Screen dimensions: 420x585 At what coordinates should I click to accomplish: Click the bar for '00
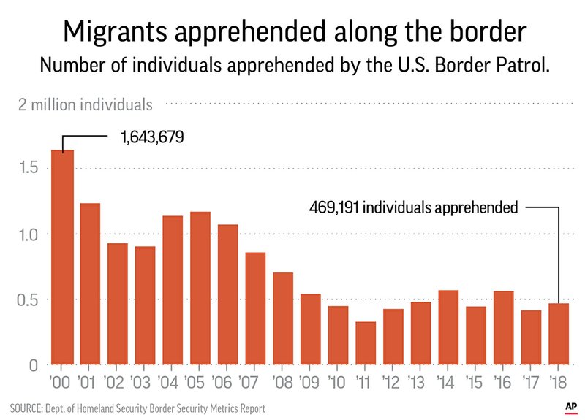pos(62,257)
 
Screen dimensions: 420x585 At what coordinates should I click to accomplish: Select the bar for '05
pos(200,288)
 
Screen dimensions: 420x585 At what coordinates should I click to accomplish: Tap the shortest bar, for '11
pos(366,343)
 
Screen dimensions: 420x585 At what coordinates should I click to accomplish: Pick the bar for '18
pos(559,334)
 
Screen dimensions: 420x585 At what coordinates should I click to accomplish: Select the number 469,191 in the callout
pos(333,207)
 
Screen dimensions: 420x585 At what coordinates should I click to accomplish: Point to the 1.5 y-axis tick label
pos(31,169)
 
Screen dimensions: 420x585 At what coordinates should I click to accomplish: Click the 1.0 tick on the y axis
pos(31,234)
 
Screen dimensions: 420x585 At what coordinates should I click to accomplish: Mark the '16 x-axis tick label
pos(504,382)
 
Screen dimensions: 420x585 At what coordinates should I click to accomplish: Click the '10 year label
pos(338,382)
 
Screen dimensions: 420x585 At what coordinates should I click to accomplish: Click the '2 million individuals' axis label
pos(86,104)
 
